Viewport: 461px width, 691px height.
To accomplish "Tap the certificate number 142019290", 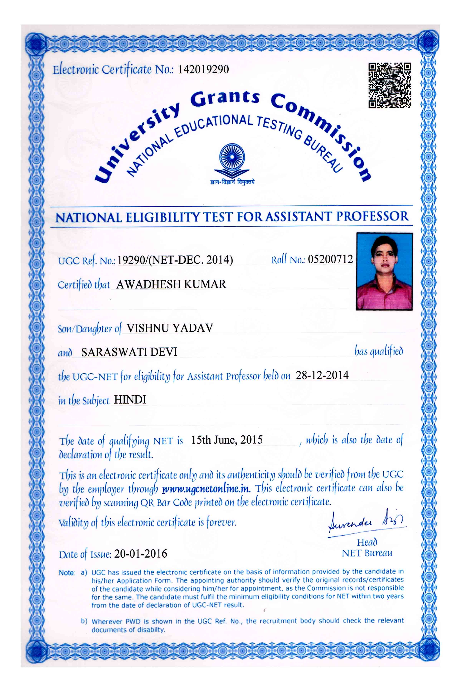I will tap(203, 69).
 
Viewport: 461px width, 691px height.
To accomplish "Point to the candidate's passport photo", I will tap(384, 271).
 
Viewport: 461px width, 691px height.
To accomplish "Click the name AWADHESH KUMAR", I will tap(171, 284).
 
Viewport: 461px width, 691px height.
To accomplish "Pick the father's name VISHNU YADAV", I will tap(170, 328).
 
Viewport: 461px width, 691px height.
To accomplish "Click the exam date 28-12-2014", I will tap(322, 375).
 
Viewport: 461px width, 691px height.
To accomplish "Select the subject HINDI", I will tap(130, 400).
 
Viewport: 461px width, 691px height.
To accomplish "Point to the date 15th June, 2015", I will tap(227, 440).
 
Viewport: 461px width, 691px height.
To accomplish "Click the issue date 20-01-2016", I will tap(141, 554).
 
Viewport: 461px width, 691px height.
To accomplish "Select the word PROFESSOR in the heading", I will tap(372, 216).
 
